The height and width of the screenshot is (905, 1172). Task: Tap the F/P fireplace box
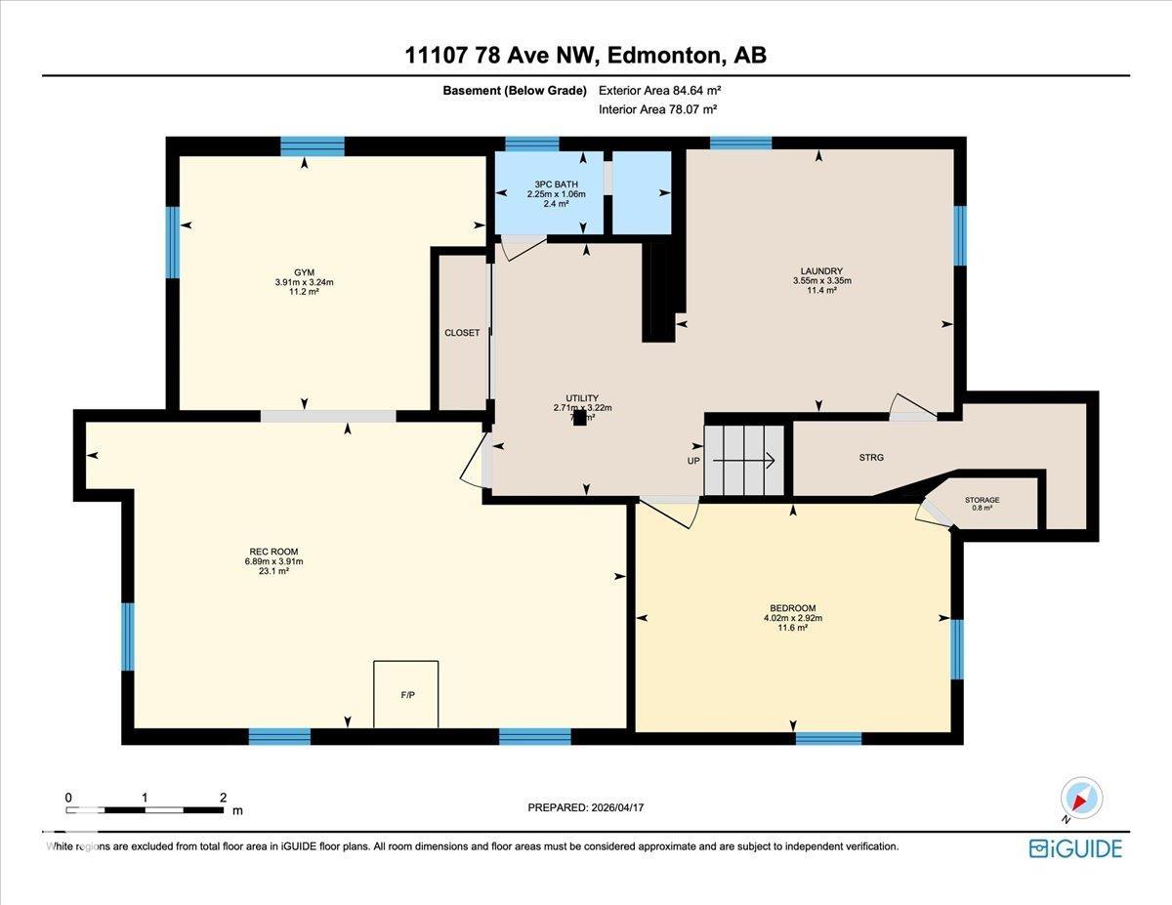pos(405,694)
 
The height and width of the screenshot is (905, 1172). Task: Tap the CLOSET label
pos(462,333)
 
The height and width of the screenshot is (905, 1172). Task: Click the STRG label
pos(871,457)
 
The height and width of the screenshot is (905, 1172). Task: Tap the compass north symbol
pos(1081,798)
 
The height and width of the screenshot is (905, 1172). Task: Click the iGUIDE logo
pos(1075,848)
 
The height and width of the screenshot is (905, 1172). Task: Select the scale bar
pos(146,809)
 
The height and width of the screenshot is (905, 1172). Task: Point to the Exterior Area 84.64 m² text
pos(659,91)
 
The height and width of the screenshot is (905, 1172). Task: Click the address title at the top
pos(586,56)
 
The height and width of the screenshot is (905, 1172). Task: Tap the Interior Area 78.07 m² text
pos(658,110)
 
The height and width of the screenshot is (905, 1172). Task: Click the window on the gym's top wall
pos(313,146)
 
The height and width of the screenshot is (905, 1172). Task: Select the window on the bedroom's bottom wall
pos(828,738)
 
